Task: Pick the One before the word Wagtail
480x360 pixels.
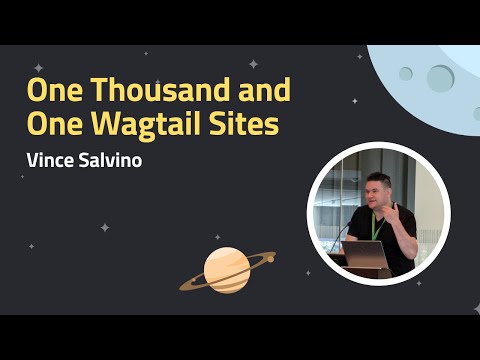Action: [52, 126]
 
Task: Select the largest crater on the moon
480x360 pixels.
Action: [440, 77]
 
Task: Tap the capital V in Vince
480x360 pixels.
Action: [32, 161]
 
